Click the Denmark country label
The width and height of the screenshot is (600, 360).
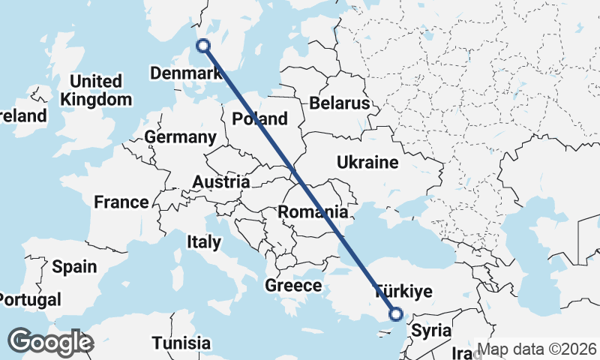(x=185, y=73)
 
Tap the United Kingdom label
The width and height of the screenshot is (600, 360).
(x=96, y=90)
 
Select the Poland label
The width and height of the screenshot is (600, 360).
(x=259, y=118)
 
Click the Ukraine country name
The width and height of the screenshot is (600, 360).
(x=367, y=162)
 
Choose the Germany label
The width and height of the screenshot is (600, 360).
(x=180, y=137)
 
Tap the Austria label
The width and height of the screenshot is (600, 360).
(x=220, y=181)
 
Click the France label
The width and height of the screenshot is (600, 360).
(x=121, y=202)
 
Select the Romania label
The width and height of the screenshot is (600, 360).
(x=313, y=212)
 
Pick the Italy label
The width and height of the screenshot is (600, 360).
(x=204, y=241)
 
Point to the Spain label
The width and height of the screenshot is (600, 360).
(x=74, y=266)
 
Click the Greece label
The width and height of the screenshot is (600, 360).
(x=293, y=285)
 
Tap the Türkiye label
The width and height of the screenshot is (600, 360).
(x=403, y=292)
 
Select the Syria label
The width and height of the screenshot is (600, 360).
(x=432, y=330)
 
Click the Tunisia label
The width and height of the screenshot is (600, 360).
(x=181, y=343)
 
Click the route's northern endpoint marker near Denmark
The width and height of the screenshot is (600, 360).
(x=202, y=46)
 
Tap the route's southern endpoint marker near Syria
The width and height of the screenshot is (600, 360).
(x=395, y=315)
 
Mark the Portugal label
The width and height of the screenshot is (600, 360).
(x=28, y=300)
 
